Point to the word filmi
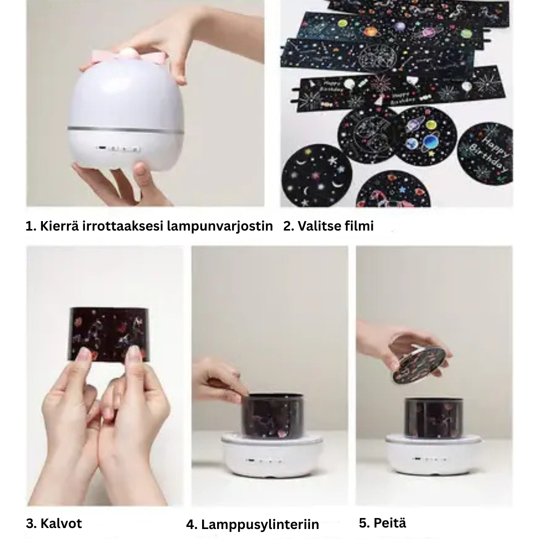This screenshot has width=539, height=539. pyautogui.click(x=359, y=226)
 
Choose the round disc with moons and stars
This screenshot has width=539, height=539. pyautogui.click(x=317, y=175)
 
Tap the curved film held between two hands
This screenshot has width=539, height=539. pyautogui.click(x=108, y=333)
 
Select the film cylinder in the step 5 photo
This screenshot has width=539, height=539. pyautogui.click(x=433, y=417)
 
